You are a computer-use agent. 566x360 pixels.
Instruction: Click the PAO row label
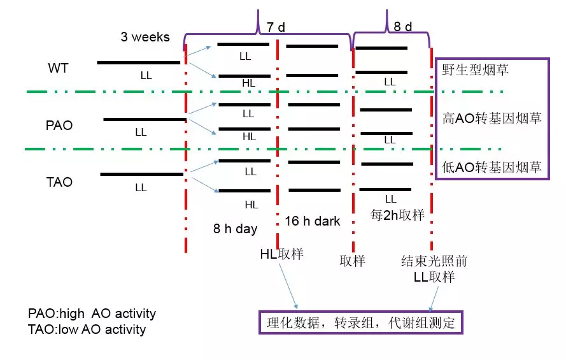click(59, 126)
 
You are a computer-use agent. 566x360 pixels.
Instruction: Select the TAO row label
click(59, 182)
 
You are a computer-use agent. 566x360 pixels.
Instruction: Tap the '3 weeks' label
click(145, 37)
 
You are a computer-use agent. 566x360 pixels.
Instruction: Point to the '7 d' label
click(276, 27)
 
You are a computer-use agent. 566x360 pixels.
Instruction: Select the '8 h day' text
click(235, 229)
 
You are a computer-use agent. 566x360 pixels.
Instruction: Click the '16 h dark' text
click(313, 222)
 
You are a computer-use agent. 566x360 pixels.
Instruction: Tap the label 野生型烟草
click(476, 69)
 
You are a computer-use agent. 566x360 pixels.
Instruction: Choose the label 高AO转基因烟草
click(492, 118)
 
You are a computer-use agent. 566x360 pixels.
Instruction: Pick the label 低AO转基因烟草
click(492, 168)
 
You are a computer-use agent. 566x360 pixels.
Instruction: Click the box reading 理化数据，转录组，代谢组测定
click(360, 322)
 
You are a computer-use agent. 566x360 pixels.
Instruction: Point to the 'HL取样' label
click(281, 254)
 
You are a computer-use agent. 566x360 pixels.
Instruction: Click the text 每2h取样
click(397, 215)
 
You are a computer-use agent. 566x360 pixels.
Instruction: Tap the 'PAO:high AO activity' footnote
click(92, 314)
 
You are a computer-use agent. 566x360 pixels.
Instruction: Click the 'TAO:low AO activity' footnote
click(87, 329)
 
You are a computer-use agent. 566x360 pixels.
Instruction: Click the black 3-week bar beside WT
click(139, 63)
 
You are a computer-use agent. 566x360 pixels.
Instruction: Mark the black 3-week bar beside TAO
click(141, 174)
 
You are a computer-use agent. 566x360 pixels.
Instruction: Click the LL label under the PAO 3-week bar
click(141, 133)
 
